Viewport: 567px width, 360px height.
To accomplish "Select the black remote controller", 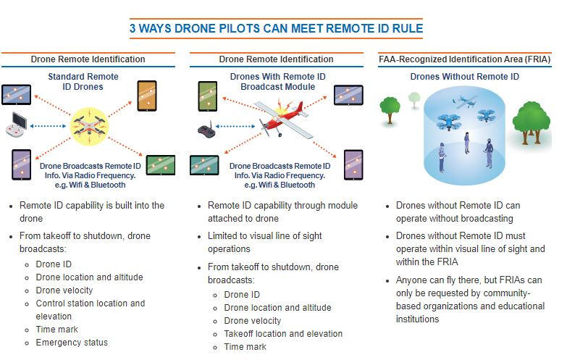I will click(x=208, y=130).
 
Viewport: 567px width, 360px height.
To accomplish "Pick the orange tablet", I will click(x=147, y=95).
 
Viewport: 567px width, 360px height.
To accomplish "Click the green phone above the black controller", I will click(x=206, y=95).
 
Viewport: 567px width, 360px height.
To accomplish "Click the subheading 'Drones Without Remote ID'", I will click(x=464, y=76).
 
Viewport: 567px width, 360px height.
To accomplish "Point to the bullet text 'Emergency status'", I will click(x=72, y=342).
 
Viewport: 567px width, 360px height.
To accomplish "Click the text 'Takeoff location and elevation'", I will click(x=283, y=333).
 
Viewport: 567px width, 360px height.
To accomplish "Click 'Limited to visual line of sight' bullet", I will click(x=264, y=236).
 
